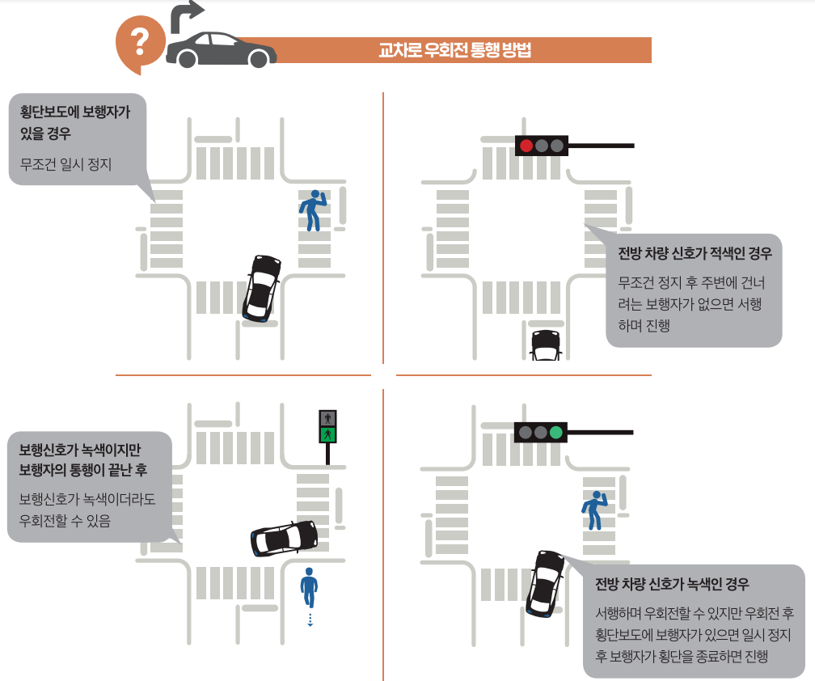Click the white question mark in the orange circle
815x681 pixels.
(x=141, y=40)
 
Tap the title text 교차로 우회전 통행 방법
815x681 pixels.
(x=454, y=50)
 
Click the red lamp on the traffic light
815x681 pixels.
(x=526, y=146)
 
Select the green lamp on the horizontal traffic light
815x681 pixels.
(x=555, y=432)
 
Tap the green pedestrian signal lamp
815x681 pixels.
(x=327, y=434)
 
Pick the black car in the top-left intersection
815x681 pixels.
(x=261, y=287)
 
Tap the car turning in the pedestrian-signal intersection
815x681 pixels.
(x=284, y=538)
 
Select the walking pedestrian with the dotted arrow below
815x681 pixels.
(x=308, y=587)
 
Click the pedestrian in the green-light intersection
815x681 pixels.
(x=594, y=510)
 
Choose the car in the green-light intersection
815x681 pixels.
(x=544, y=582)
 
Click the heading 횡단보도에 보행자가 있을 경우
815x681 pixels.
(x=74, y=122)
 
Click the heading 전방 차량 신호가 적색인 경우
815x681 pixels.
(x=695, y=253)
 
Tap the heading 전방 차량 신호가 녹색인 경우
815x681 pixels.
(x=672, y=584)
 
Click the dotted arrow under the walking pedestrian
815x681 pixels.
(x=309, y=620)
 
